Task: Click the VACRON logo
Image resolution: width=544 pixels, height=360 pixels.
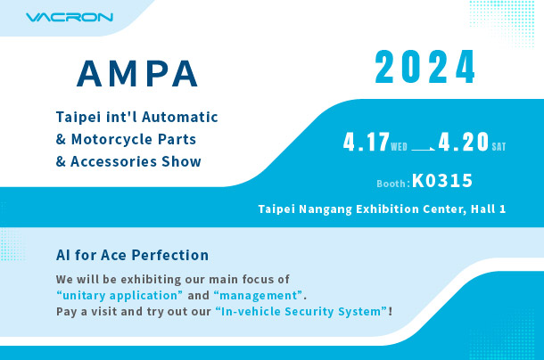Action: (70, 17)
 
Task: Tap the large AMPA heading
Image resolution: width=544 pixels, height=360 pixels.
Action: (137, 74)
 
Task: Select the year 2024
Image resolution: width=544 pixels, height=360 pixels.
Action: (425, 67)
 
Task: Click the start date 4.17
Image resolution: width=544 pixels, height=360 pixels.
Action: (367, 143)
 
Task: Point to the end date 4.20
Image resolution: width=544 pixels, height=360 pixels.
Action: (464, 143)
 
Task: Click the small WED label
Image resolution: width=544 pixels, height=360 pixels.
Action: (399, 147)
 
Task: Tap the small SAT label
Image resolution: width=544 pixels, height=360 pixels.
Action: (499, 147)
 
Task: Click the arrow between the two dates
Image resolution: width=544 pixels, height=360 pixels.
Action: (423, 149)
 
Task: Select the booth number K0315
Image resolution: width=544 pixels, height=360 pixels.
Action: (442, 181)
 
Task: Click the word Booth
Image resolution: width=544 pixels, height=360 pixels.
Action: (391, 184)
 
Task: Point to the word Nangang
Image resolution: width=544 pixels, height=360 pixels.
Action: (326, 209)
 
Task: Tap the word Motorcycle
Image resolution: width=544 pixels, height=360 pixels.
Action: (111, 140)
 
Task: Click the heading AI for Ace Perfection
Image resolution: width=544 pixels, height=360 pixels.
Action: (132, 255)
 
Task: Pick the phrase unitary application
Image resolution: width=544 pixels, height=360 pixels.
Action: (120, 296)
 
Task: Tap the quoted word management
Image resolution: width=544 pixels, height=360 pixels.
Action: (259, 296)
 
